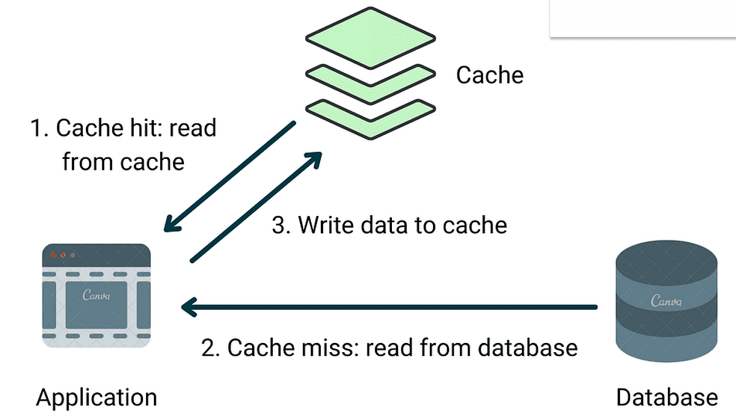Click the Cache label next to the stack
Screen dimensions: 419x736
(489, 75)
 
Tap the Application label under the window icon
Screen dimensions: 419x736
(96, 398)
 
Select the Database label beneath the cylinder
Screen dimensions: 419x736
(667, 398)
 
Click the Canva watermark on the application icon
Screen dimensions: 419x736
(96, 295)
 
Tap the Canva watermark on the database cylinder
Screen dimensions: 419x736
(666, 301)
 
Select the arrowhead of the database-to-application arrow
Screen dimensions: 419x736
(188, 306)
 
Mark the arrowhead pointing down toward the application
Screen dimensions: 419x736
(172, 223)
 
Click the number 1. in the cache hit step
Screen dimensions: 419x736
(39, 129)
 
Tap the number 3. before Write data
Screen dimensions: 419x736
(281, 225)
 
